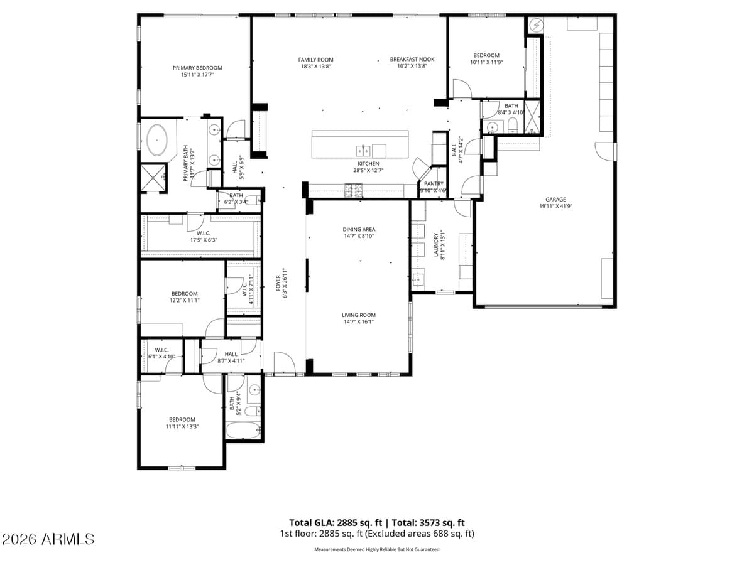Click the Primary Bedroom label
pos(197,68)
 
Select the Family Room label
pos(315,60)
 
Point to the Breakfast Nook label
pos(412,60)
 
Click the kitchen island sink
pos(362,149)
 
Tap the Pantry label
pos(434,183)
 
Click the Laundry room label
pos(435,245)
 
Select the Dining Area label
pos(359,230)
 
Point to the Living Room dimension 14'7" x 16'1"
pos(359,322)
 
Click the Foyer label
pos(277,284)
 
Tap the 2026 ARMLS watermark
pos(48,539)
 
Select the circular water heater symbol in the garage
pos(537,25)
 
